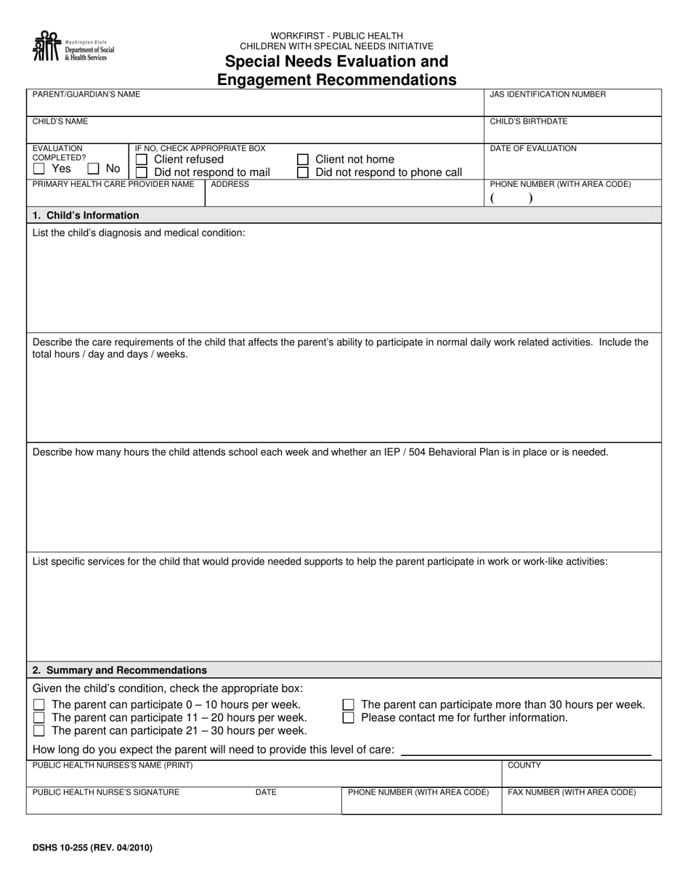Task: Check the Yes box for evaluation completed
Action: (39, 169)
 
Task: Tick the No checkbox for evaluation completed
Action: (94, 169)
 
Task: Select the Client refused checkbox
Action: (142, 159)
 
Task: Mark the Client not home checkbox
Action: (303, 159)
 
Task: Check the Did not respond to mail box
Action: (142, 172)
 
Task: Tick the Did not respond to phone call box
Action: (303, 172)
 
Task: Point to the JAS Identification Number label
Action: (548, 94)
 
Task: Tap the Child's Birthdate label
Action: (529, 121)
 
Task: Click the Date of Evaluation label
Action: (533, 148)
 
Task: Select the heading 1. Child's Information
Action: (86, 215)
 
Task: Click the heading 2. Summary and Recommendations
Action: (120, 670)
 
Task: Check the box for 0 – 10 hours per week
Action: (39, 704)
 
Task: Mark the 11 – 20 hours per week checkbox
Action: (39, 717)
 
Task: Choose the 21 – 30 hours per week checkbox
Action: (39, 730)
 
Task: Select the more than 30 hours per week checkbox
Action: (349, 704)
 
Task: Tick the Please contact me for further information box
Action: (349, 717)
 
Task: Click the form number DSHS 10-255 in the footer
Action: (92, 847)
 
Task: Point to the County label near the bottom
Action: (524, 765)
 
